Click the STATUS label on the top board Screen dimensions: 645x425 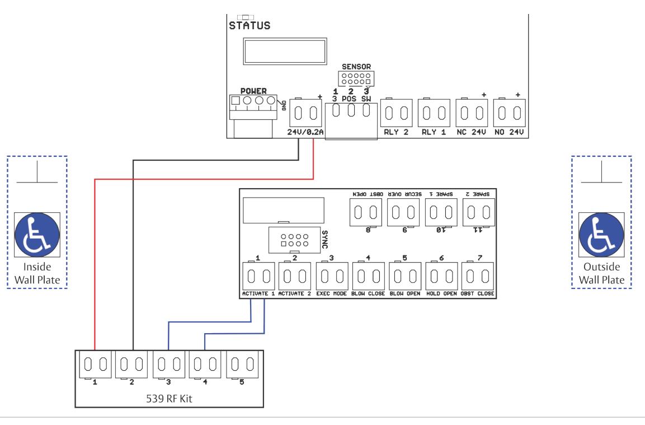(249, 26)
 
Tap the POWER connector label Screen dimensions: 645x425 (253, 91)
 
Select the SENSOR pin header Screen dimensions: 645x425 (356, 78)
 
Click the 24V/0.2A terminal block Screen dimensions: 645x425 (305, 113)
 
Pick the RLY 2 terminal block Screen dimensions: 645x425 (396, 113)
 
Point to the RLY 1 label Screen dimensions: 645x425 (434, 132)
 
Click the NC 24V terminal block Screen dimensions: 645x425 (472, 113)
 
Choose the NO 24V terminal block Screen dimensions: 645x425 (510, 113)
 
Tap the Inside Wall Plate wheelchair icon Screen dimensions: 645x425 (37, 235)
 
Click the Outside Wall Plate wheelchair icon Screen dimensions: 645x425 (601, 235)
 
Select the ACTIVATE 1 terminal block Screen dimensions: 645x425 (258, 276)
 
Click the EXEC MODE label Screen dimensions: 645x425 (332, 293)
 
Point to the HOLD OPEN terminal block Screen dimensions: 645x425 (442, 276)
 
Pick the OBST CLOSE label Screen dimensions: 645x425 (478, 293)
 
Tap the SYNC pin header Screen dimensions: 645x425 (294, 240)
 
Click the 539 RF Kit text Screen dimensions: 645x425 (169, 399)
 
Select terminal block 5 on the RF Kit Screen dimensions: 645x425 (242, 365)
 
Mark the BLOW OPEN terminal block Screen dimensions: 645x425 (405, 276)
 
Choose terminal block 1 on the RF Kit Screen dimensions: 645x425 (95, 365)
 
